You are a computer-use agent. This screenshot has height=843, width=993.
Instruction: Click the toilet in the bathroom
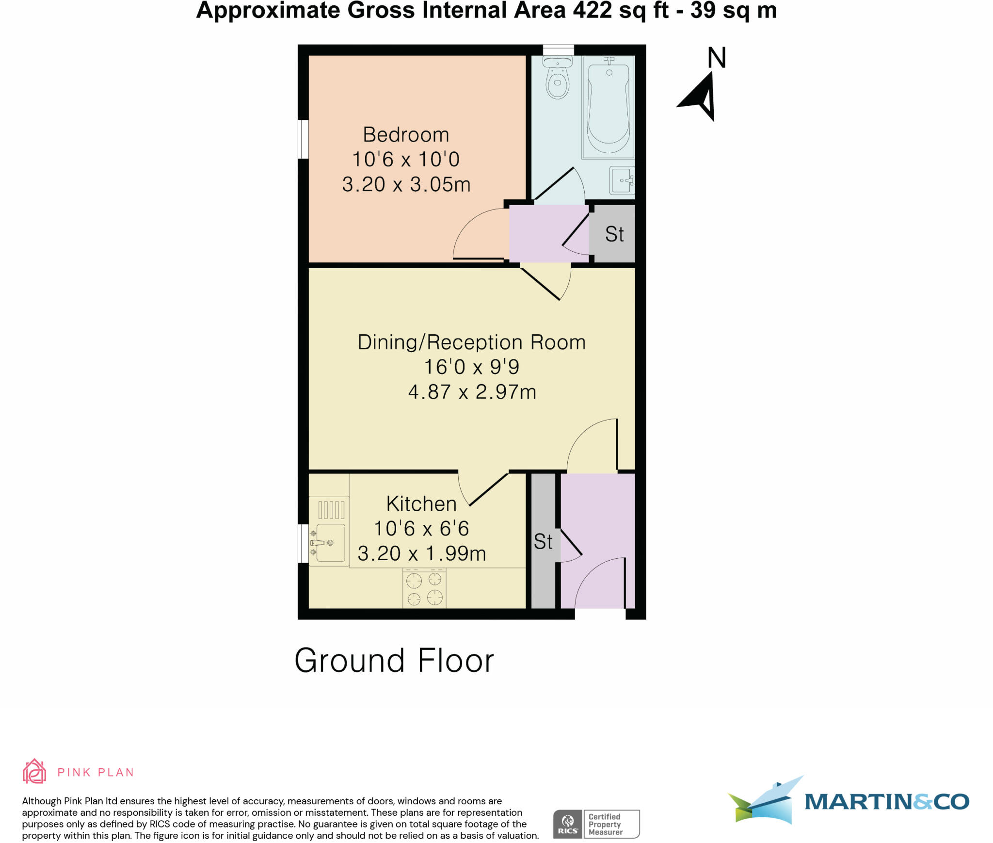click(x=558, y=79)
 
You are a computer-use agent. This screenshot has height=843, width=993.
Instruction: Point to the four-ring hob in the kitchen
click(x=424, y=589)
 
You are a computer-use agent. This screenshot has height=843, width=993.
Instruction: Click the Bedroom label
click(x=406, y=135)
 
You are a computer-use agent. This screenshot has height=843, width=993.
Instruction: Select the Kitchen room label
click(x=421, y=504)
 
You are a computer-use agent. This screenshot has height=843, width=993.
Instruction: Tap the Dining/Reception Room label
click(x=471, y=342)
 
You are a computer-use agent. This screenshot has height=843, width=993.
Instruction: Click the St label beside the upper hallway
click(x=614, y=234)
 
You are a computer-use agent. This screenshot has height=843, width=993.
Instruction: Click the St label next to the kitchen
click(x=543, y=542)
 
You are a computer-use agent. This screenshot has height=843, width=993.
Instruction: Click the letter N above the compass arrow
click(x=717, y=58)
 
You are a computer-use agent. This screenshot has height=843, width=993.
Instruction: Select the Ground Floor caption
click(x=394, y=661)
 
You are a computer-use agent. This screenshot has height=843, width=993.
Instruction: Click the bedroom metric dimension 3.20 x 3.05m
click(x=406, y=184)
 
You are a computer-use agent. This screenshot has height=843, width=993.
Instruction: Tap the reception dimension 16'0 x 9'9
click(x=471, y=367)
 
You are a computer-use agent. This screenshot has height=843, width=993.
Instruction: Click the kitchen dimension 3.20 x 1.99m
click(x=421, y=553)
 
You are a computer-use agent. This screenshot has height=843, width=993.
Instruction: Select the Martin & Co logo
click(x=849, y=801)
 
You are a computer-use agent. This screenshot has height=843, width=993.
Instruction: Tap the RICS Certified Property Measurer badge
click(x=596, y=824)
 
